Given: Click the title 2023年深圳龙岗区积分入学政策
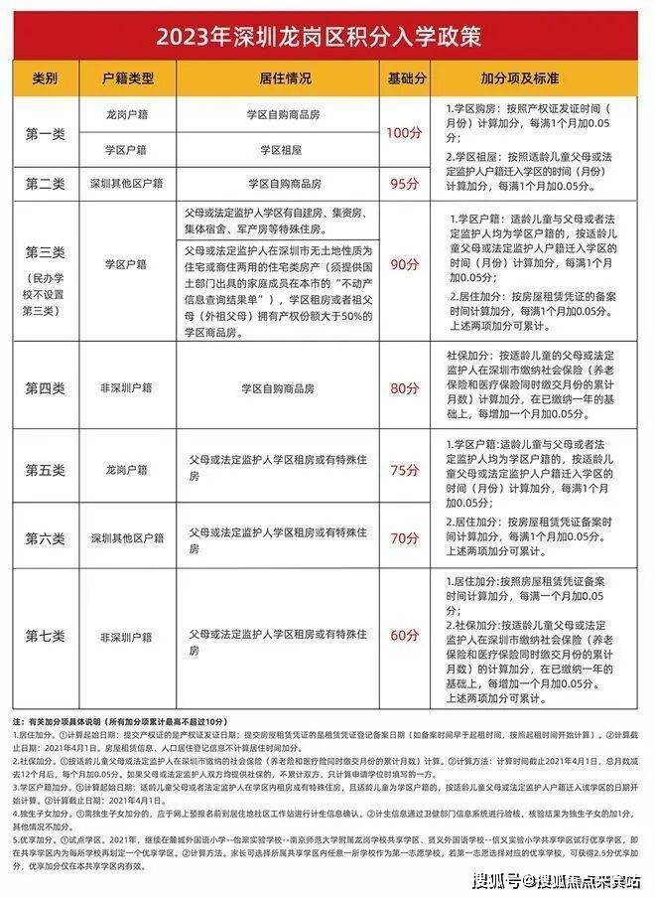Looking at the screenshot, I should [x=327, y=37].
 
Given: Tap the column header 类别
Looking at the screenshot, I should [x=46, y=76].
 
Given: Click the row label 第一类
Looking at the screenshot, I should [x=46, y=132].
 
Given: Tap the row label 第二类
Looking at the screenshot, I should [x=46, y=184].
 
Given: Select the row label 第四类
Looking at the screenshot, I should [x=46, y=387].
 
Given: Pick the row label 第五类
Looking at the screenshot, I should [x=46, y=468].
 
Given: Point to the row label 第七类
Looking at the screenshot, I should [x=46, y=636].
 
